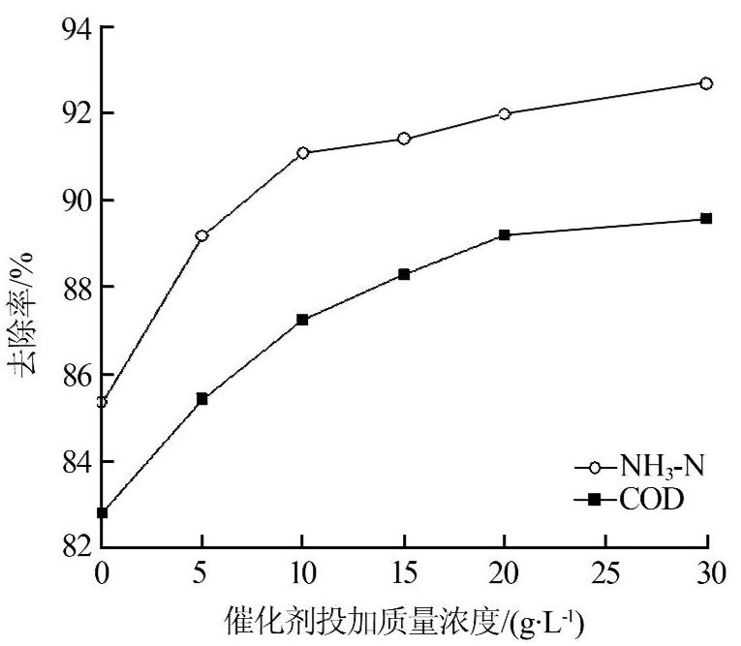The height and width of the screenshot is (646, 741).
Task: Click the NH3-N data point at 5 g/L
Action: click(x=201, y=235)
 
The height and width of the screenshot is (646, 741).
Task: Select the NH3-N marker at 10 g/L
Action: click(x=303, y=152)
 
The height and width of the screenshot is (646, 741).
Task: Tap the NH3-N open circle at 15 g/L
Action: click(x=404, y=138)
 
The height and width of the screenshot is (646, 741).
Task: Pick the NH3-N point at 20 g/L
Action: click(x=505, y=113)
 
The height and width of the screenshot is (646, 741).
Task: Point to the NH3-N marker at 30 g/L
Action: click(x=707, y=83)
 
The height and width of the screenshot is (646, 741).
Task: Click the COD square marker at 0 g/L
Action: click(x=102, y=512)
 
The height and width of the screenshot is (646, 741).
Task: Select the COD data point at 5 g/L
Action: click(x=201, y=398)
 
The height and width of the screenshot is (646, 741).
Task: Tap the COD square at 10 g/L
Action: click(x=303, y=320)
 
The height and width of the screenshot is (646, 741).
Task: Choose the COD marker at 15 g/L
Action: click(x=404, y=274)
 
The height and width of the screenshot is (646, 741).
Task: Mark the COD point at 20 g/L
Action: click(x=505, y=234)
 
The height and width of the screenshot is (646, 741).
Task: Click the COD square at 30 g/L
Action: click(x=707, y=218)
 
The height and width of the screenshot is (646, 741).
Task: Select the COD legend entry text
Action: click(x=651, y=500)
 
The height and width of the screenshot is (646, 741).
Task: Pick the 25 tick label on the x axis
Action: click(x=605, y=575)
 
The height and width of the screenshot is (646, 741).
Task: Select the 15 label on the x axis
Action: click(x=404, y=575)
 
